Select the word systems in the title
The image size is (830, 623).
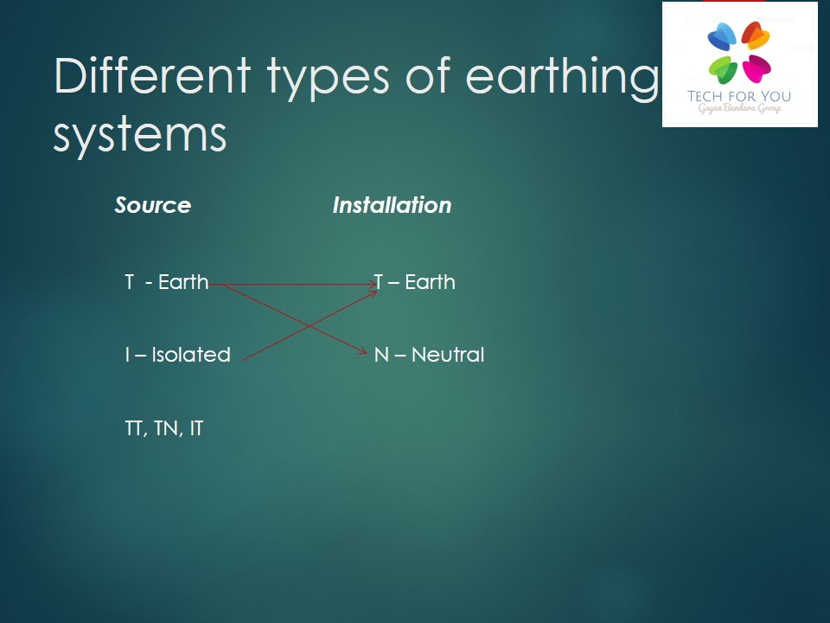tap(140, 136)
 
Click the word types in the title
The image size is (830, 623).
tap(329, 79)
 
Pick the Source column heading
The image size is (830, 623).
tap(152, 205)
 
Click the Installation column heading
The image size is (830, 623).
tap(392, 205)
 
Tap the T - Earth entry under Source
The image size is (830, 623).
tap(167, 282)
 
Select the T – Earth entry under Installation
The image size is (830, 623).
tap(414, 282)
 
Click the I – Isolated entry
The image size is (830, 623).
tap(178, 355)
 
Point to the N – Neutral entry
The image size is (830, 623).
tap(430, 355)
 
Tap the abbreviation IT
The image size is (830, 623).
tap(196, 428)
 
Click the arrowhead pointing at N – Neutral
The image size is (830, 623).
tap(363, 350)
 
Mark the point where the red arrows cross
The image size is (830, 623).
tap(308, 324)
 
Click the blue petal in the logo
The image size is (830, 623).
tap(722, 36)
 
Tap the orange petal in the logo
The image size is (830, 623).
tap(756, 35)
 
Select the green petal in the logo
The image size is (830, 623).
tap(723, 69)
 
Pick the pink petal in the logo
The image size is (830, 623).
tap(757, 69)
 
